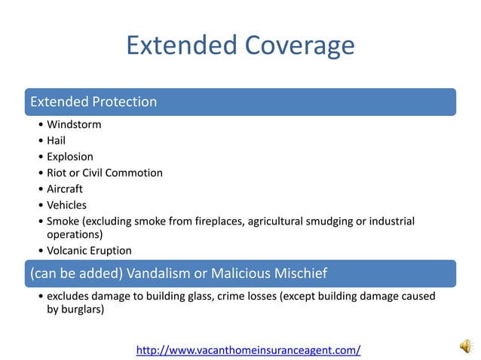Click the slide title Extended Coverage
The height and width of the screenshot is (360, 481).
point(240,46)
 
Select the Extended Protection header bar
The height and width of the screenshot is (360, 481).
point(240,102)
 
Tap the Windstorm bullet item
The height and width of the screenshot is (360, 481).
point(73,124)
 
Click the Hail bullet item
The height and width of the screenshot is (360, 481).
point(57,141)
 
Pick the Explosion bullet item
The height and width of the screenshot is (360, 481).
point(69,157)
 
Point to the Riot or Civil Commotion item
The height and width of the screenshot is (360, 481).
point(104,172)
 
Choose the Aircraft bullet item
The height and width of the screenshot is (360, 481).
point(64,189)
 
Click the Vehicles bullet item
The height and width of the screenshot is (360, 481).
point(66,205)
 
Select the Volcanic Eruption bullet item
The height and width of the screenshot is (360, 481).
point(89,251)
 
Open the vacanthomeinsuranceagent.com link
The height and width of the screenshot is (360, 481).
point(248,349)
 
